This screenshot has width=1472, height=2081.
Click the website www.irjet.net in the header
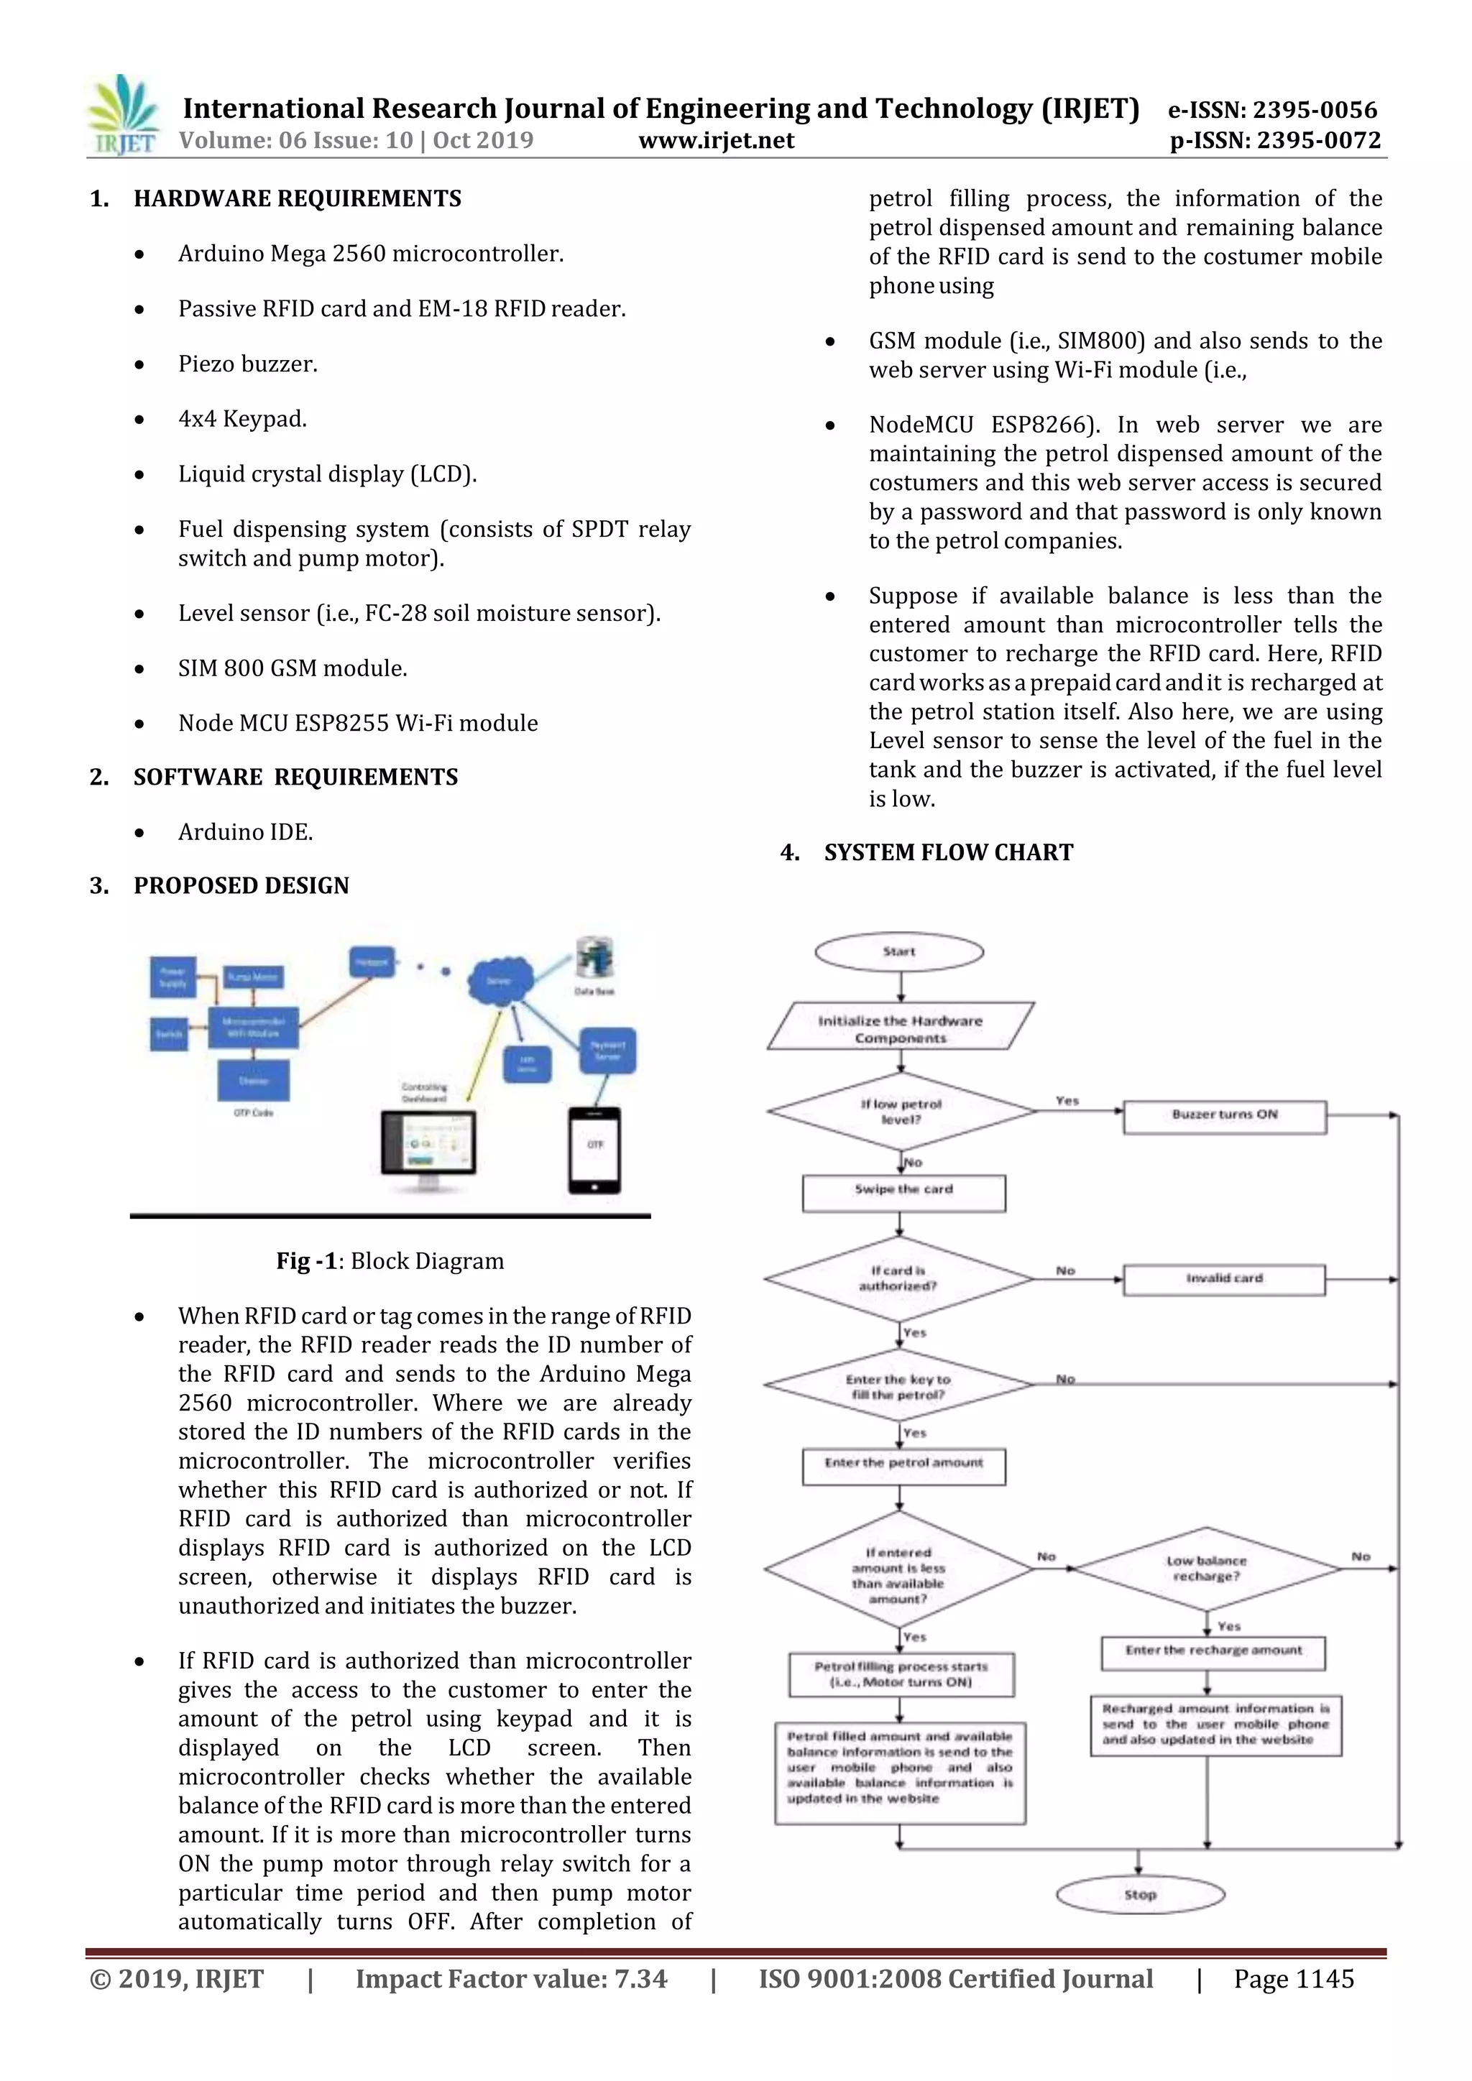coord(716,141)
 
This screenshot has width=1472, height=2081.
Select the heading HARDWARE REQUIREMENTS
coord(298,198)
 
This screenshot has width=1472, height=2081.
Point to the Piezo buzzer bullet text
coord(247,364)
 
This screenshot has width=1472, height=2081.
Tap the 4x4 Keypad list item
coord(242,419)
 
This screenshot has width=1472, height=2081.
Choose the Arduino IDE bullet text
coord(246,832)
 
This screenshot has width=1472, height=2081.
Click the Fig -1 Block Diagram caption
coord(390,1261)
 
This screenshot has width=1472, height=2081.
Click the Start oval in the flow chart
coord(899,951)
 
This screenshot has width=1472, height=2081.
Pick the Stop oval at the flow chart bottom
coord(1140,1894)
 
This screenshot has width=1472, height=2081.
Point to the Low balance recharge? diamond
coord(1207,1569)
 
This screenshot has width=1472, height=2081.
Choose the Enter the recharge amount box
coord(1213,1651)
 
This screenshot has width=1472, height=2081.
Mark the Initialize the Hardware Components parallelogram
coord(900,1027)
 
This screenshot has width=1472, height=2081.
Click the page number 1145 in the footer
coord(1294,1978)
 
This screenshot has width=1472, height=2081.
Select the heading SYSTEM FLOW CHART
coord(948,853)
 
